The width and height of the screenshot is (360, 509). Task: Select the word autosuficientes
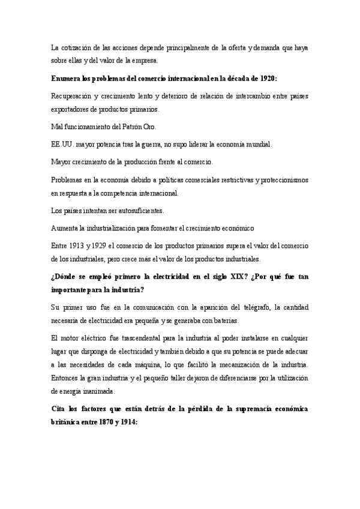[x=139, y=211]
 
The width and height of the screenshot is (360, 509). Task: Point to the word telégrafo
[x=244, y=308]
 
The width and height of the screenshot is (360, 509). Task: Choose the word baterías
[x=225, y=320]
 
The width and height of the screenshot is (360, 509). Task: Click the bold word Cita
[x=60, y=409]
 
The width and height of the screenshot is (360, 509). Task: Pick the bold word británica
[x=67, y=421]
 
